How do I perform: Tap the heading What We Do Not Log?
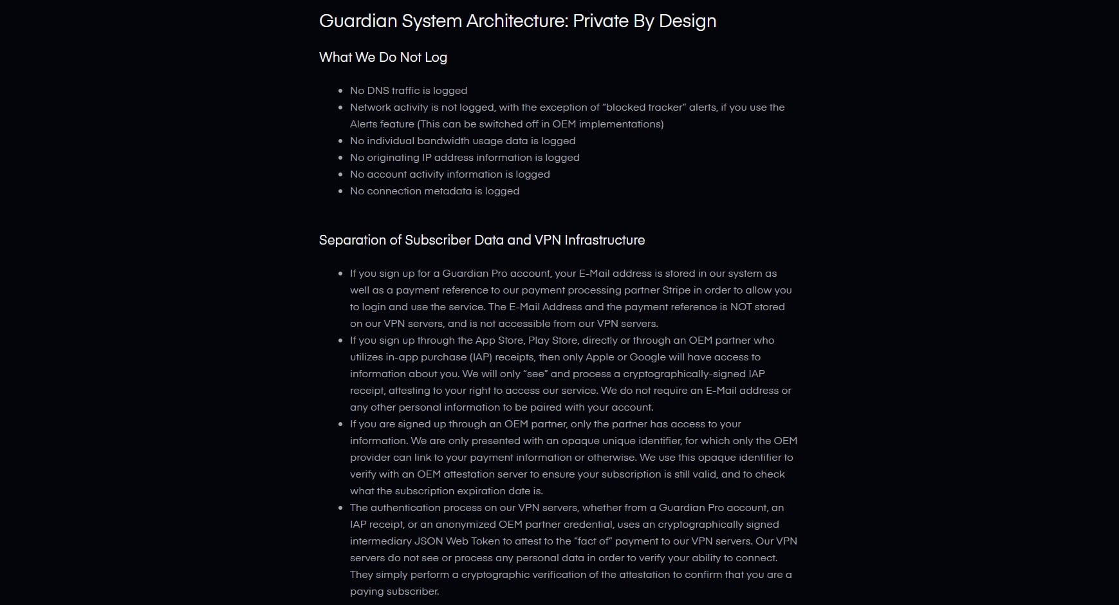[x=383, y=57]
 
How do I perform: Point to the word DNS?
[x=378, y=91]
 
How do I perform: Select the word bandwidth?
[x=438, y=141]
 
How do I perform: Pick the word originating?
[x=393, y=158]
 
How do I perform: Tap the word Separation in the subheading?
[x=353, y=240]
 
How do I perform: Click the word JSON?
[x=429, y=541]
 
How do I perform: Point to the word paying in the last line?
[x=365, y=591]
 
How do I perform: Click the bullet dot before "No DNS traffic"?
[x=340, y=91]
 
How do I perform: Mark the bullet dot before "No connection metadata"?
[x=340, y=192]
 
